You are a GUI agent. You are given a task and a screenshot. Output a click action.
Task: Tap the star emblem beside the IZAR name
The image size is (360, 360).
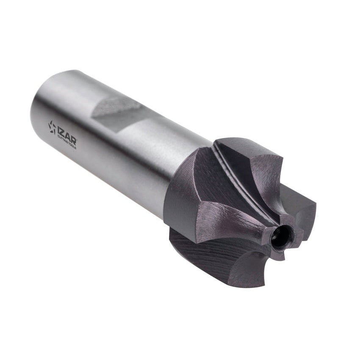coord(52,127)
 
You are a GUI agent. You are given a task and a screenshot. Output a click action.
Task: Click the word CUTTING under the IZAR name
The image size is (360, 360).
coord(62,140)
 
